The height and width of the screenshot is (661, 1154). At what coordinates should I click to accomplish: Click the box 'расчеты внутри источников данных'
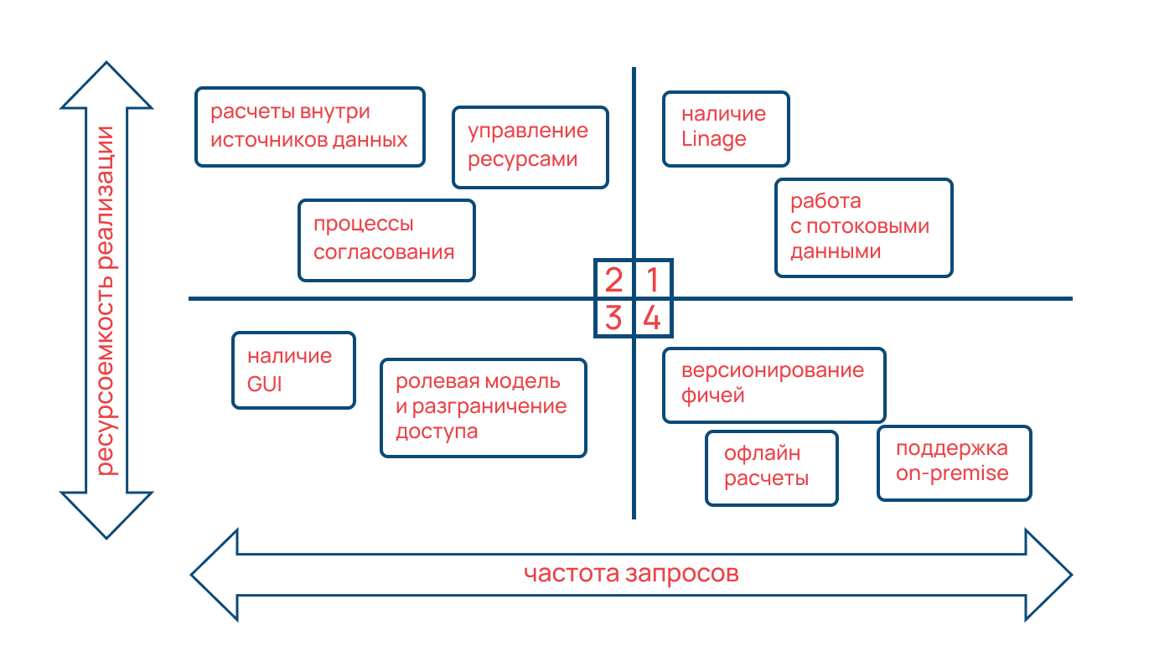click(x=309, y=127)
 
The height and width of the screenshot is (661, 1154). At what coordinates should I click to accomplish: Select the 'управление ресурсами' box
click(x=530, y=147)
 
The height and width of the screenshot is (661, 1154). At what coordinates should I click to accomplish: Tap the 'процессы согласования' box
click(x=386, y=240)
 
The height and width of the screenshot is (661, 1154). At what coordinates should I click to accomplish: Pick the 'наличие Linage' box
click(x=726, y=128)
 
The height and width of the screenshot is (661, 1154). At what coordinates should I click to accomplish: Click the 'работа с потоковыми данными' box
click(x=863, y=227)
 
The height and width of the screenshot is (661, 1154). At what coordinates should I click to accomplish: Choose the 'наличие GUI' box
click(x=293, y=370)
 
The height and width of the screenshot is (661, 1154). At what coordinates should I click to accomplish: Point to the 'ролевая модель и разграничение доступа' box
click(x=483, y=408)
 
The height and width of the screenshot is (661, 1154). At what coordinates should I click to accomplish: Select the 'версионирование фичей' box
click(x=774, y=385)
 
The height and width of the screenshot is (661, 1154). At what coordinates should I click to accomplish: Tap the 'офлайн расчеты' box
click(x=771, y=467)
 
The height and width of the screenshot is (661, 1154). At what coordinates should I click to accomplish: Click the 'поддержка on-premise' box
click(x=954, y=463)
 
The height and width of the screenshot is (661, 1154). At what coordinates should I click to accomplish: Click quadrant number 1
click(x=652, y=279)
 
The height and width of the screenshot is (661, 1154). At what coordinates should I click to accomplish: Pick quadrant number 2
click(x=614, y=279)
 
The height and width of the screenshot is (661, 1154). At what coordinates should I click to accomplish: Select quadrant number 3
click(x=614, y=318)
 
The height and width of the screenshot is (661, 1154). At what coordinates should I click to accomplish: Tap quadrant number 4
click(x=652, y=318)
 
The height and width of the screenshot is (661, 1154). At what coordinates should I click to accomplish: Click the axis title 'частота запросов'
click(x=631, y=575)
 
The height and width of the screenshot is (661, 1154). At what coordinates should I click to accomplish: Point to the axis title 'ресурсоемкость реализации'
click(x=107, y=299)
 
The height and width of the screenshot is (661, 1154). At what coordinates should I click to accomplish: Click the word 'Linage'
click(x=713, y=139)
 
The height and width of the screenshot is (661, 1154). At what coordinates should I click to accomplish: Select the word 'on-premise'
click(x=952, y=473)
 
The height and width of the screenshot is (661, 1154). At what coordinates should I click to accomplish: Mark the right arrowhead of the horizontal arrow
click(x=1049, y=575)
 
